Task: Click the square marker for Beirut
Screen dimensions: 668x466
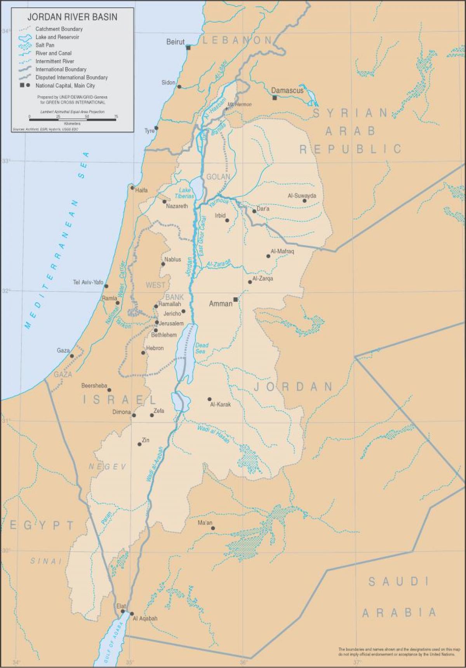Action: (188, 48)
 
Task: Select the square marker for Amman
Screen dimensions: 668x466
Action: (235, 299)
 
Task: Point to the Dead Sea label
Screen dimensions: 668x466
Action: (202, 348)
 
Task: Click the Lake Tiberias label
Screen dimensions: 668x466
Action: (184, 193)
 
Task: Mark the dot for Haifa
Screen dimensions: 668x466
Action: (132, 188)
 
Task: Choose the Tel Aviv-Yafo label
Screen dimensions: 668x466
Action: (88, 282)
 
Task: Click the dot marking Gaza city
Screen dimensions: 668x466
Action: (72, 356)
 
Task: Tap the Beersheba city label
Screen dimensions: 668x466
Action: (94, 385)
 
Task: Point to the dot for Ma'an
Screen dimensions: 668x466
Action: (213, 528)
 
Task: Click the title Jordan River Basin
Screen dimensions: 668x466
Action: (72, 17)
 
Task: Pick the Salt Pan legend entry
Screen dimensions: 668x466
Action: (45, 45)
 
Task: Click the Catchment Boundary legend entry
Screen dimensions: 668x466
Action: (59, 29)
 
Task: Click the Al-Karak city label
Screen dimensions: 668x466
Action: (221, 404)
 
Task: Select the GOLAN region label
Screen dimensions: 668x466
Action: (218, 177)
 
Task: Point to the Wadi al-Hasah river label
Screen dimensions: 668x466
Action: (213, 434)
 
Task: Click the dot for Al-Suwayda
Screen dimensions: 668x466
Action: (304, 201)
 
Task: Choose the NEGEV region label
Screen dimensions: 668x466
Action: (108, 467)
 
